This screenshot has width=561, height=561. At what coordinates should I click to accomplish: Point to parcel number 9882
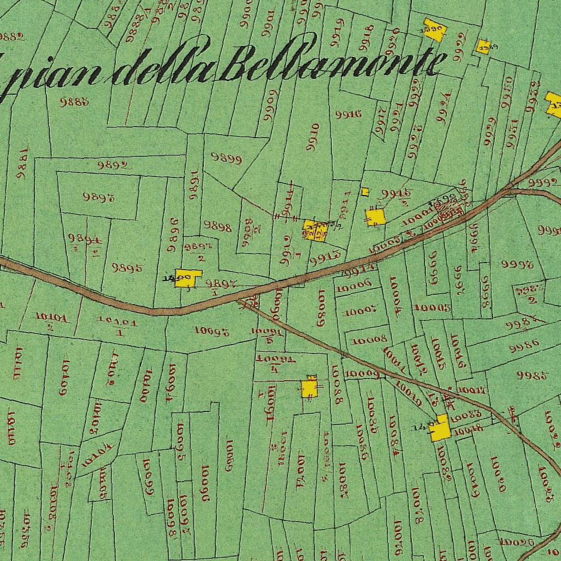12,37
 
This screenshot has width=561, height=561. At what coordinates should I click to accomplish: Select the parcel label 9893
99,197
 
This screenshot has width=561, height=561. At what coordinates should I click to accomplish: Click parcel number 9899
226,159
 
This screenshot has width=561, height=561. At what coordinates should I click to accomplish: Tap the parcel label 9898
217,226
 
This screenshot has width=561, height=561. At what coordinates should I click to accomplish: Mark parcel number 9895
127,268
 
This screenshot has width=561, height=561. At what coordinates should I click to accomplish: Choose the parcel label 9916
348,114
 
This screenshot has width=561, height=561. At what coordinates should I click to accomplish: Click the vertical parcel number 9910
313,137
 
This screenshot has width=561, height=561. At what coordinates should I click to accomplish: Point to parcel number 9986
524,346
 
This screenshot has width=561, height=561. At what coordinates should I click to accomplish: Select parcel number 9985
532,376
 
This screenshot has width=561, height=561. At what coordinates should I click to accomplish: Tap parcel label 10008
370,340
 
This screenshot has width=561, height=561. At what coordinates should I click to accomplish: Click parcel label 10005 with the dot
432,308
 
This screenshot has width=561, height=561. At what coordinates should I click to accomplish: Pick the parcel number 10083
468,414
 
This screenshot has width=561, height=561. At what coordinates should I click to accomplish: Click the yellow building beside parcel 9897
187,278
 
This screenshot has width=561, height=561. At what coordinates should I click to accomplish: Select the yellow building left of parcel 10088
310,388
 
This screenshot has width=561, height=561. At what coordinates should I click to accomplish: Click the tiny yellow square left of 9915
365,192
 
